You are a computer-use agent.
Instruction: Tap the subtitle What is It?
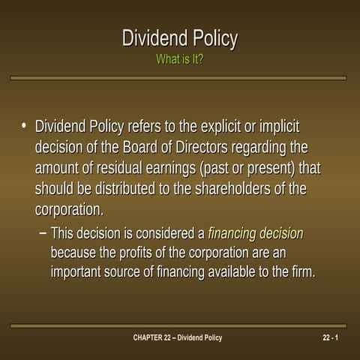pos(179,59)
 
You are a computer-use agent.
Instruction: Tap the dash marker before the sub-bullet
pos(41,233)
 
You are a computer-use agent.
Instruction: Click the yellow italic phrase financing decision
pos(255,233)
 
